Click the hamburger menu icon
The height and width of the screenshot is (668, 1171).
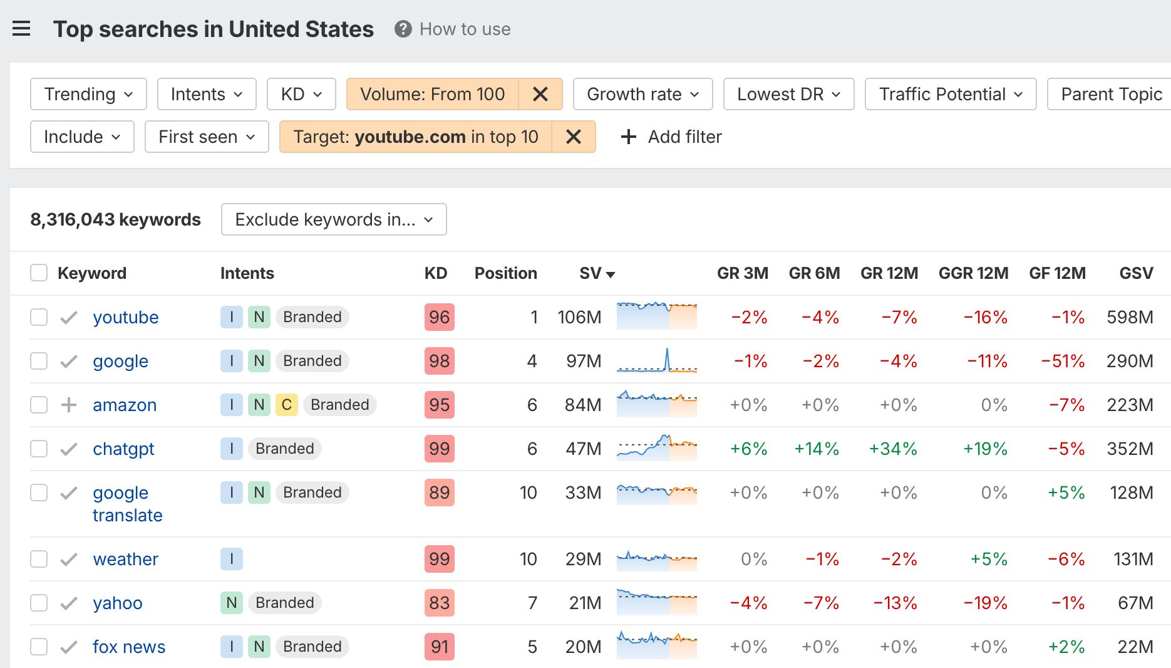coord(21,29)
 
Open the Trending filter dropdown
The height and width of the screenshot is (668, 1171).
coord(88,94)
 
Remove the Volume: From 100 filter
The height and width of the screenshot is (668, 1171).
coord(540,94)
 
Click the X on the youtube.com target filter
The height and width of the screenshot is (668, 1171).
coord(573,137)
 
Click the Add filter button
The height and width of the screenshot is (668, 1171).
coord(671,137)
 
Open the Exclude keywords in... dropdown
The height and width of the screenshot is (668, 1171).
coord(334,219)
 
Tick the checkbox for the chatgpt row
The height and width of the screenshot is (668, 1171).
coord(39,449)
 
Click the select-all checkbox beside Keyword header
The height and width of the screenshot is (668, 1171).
coord(39,273)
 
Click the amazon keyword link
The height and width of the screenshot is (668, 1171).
coord(125,405)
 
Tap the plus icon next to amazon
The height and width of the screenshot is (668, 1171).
coord(69,405)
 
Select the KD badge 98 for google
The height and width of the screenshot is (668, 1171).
coord(439,361)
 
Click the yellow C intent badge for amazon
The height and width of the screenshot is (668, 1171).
coord(287,405)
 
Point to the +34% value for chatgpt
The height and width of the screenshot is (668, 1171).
coord(893,449)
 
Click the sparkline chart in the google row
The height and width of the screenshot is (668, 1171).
coord(656,361)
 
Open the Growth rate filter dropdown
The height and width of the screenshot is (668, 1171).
coord(642,94)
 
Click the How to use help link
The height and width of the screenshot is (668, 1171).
coord(465,29)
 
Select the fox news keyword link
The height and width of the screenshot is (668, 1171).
coord(129,647)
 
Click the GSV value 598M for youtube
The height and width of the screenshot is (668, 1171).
coord(1130,317)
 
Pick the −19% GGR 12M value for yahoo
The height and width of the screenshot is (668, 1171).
coord(986,603)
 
